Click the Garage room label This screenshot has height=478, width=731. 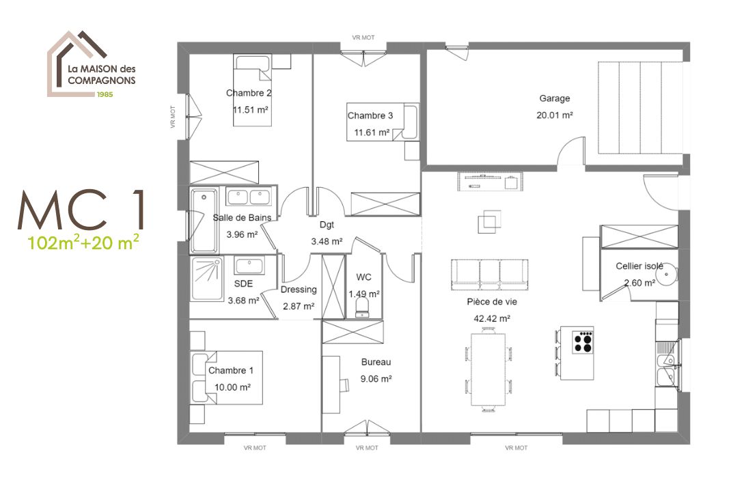554,98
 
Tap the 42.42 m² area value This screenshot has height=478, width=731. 492,318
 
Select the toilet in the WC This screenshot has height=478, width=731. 362,305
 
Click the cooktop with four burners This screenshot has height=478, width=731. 583,341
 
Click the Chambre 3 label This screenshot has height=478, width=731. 370,115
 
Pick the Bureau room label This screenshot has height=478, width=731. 376,362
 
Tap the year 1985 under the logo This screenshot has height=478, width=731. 105,94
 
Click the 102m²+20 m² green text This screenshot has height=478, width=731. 83,241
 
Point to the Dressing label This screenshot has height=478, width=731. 299,290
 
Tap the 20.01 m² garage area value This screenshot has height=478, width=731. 554,115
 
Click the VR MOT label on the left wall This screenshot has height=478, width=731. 173,117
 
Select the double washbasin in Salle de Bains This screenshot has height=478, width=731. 249,197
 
